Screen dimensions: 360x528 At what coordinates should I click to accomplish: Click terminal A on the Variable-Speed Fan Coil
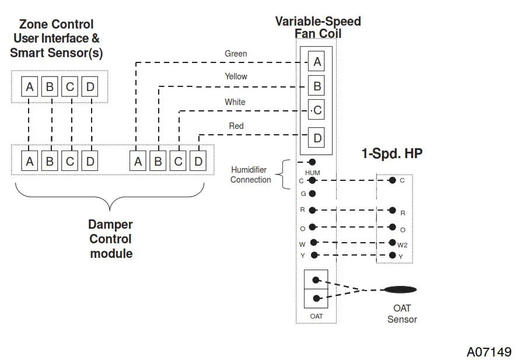click(x=316, y=62)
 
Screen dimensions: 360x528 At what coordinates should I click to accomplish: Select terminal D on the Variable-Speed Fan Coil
click(x=316, y=138)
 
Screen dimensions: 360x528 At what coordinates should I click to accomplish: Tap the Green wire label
click(x=236, y=54)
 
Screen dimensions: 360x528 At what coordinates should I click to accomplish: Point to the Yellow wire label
click(x=236, y=76)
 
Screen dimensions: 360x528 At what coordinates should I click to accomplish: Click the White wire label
click(x=235, y=102)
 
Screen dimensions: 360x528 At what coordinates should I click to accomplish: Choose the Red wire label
click(x=236, y=126)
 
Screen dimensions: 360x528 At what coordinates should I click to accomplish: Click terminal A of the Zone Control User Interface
click(x=29, y=88)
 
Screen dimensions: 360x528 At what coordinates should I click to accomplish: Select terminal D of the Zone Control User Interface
click(x=90, y=88)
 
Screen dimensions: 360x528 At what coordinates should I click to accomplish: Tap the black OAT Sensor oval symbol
click(x=400, y=290)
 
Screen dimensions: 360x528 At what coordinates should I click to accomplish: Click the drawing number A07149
click(x=489, y=352)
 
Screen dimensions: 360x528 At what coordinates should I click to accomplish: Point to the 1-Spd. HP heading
click(x=391, y=154)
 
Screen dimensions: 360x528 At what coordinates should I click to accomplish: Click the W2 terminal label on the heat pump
click(x=402, y=245)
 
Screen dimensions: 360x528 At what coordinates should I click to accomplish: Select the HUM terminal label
click(x=313, y=173)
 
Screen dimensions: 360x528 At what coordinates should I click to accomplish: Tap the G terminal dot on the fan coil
click(x=313, y=193)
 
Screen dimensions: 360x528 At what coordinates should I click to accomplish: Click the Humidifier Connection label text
click(x=251, y=175)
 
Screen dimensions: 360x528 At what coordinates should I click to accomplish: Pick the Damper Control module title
click(x=110, y=239)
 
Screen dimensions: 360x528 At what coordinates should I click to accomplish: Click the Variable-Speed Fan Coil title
click(x=318, y=27)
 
